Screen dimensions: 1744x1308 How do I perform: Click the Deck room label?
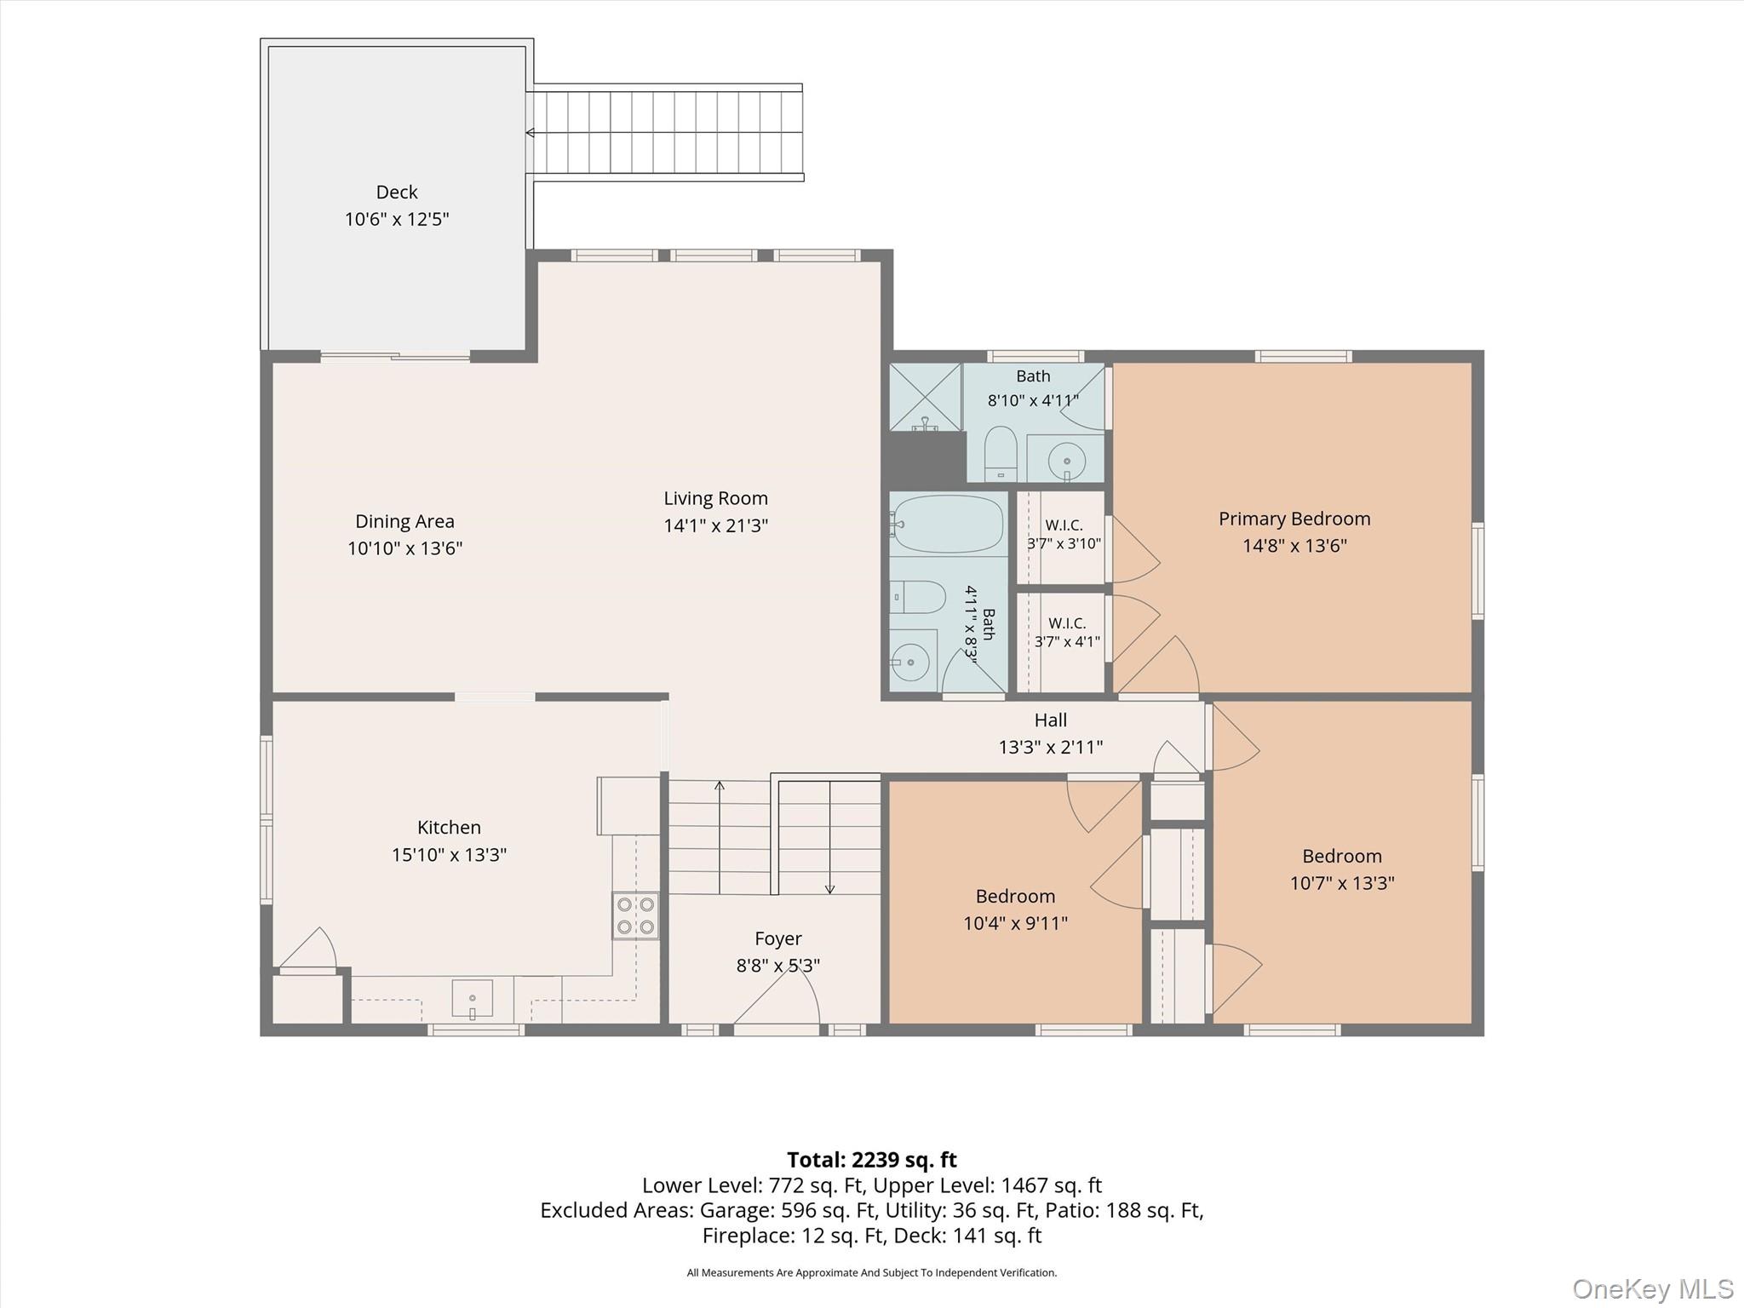click(397, 192)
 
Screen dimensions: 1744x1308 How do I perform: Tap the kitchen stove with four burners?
click(635, 915)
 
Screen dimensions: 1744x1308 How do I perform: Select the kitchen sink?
click(472, 1000)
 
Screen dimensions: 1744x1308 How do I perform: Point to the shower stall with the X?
click(926, 397)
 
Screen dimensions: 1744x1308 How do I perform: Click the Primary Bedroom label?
click(1294, 519)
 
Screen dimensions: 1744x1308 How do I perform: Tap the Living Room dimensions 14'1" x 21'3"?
click(715, 525)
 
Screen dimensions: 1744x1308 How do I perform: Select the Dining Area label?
click(404, 521)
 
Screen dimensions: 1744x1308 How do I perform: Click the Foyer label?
click(777, 938)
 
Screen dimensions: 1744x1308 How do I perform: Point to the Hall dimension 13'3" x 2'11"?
click(1050, 747)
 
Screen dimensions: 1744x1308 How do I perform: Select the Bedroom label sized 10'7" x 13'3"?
click(1341, 856)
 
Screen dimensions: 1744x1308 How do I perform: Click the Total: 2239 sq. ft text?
click(872, 1160)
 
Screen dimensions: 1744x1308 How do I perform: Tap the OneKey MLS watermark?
click(1652, 1289)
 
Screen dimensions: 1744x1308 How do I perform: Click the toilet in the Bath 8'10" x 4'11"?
click(1001, 453)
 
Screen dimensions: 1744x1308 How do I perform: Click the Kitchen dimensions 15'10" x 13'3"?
click(449, 854)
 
